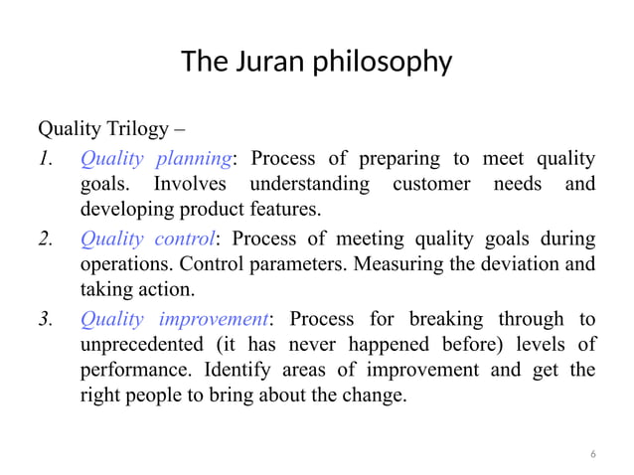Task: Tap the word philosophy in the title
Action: pyautogui.click(x=383, y=64)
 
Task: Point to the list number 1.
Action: pyautogui.click(x=45, y=159)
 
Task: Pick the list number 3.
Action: pyautogui.click(x=45, y=318)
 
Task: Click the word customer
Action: pyautogui.click(x=431, y=185)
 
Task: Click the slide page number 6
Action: pyautogui.click(x=593, y=454)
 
